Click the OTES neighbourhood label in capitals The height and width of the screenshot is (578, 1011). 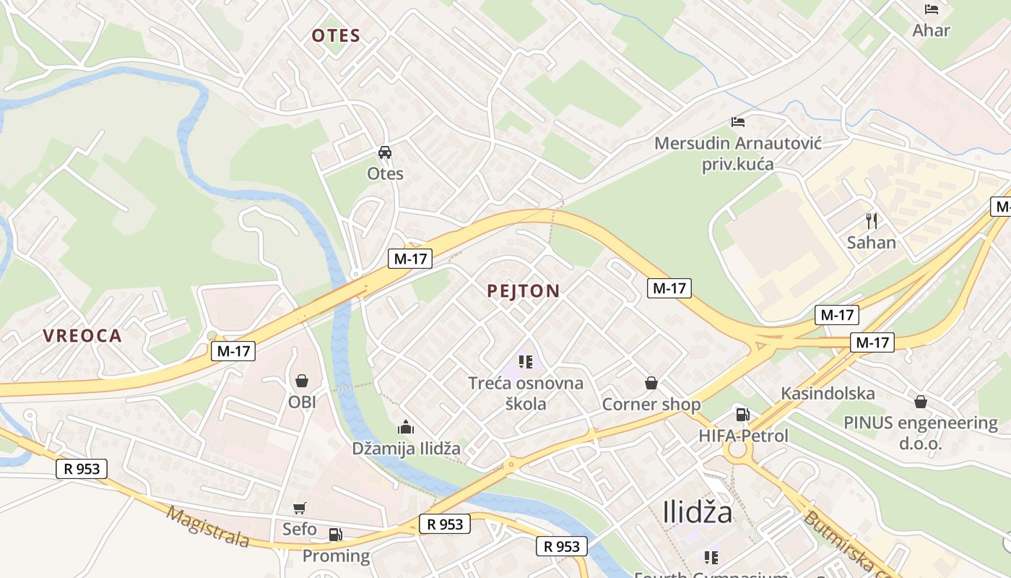[336, 36]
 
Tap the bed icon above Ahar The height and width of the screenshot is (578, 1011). [932, 9]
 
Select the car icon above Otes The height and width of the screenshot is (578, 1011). [385, 152]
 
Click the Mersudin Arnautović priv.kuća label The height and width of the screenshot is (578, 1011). [738, 153]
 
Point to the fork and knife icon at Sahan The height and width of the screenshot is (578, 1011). [872, 220]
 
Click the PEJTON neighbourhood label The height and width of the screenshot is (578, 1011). [524, 291]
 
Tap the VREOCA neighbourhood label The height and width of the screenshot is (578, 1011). [82, 336]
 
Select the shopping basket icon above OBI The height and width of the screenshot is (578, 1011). [302, 381]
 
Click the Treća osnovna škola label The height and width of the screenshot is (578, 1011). [526, 393]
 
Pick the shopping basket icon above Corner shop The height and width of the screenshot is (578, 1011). [651, 383]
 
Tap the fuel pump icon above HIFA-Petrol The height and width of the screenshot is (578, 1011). [742, 415]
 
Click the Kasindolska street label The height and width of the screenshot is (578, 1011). [828, 394]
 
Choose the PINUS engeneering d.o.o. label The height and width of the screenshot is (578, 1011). [921, 433]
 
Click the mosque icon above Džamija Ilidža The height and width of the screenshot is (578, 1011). [406, 427]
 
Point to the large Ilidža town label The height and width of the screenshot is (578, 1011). [697, 512]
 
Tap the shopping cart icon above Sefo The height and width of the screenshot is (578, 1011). [300, 509]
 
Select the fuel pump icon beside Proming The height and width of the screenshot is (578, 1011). [335, 535]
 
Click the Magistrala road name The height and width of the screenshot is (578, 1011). [208, 527]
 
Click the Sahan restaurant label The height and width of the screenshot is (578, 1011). [872, 242]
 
